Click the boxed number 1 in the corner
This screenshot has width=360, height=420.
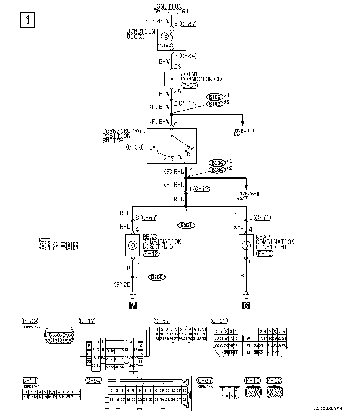tap(28, 20)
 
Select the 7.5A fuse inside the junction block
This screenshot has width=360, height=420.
tap(172, 40)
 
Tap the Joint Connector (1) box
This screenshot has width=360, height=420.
tap(172, 79)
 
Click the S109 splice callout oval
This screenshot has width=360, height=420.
tap(215, 97)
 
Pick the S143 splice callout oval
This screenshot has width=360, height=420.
tap(215, 104)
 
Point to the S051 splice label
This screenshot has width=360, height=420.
tap(186, 226)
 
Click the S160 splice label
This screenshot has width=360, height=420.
tap(157, 277)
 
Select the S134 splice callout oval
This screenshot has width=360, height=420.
tap(217, 170)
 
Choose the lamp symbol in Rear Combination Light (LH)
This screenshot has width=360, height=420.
tap(133, 245)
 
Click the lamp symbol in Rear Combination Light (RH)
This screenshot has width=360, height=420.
tap(246, 245)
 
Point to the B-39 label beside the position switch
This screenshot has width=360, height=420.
tap(135, 147)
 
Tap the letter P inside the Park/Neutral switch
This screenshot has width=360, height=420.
tap(192, 148)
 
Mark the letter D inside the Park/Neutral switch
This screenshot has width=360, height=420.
tap(172, 159)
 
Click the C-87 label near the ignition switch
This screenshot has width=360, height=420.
tap(188, 24)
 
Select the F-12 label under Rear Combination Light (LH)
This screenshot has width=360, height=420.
tap(151, 253)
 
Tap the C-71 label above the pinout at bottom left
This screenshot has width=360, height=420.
tap(30, 380)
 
